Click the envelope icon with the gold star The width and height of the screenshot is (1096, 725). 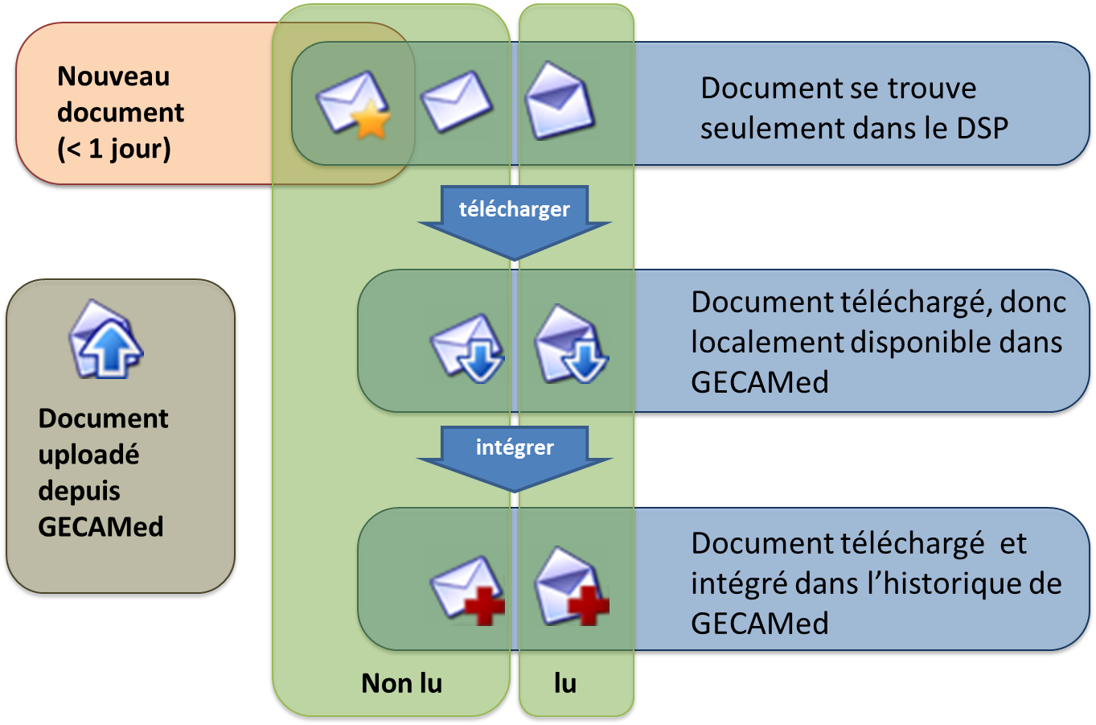coord(351,102)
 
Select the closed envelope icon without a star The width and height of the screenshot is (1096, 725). coord(456,101)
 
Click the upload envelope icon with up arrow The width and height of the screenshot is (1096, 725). coord(105,340)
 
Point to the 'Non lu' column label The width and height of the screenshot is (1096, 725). coord(401,683)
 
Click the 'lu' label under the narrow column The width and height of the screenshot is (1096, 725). coord(565,683)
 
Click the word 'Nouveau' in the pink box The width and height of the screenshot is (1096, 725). coord(113,76)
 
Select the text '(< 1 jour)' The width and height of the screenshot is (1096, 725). coord(113,149)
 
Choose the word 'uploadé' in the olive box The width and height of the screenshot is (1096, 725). coord(88,455)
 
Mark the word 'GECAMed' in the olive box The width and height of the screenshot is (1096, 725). coord(101,527)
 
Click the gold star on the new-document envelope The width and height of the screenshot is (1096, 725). coord(371,123)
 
